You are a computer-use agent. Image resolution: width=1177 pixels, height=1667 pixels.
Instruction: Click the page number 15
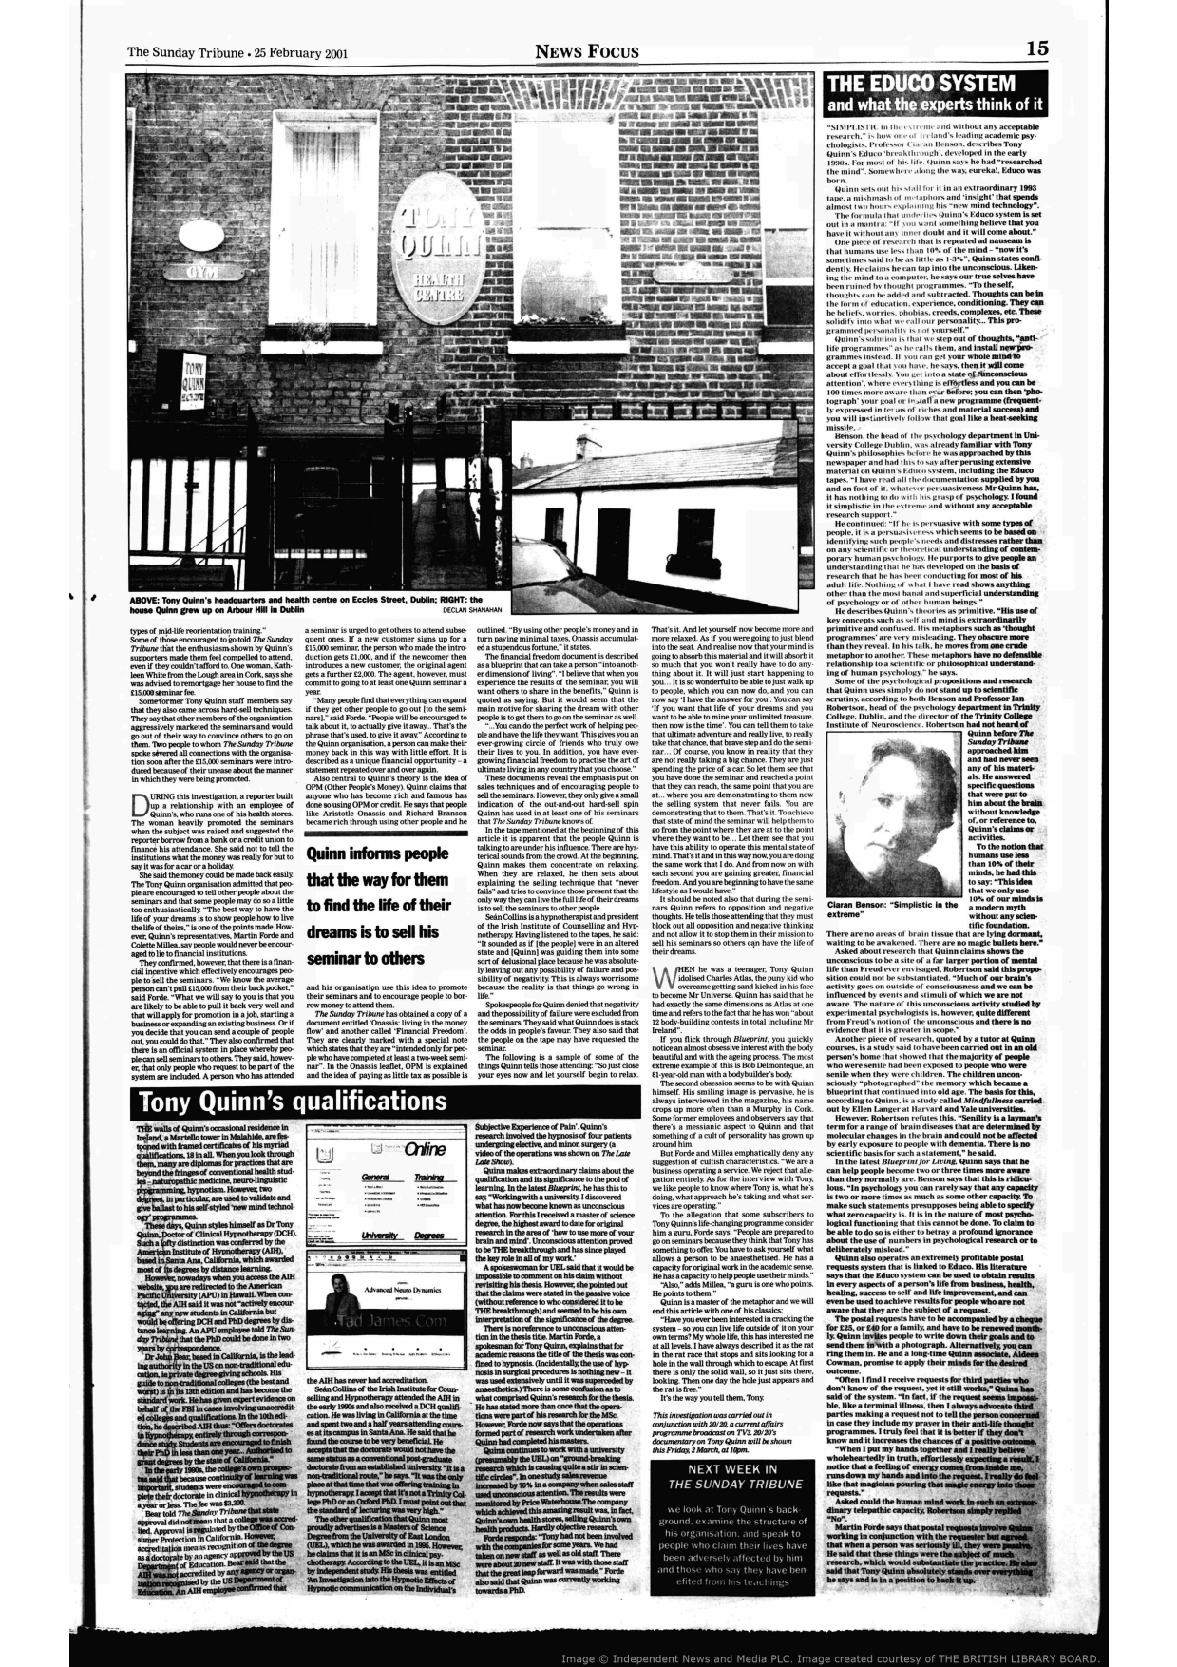click(1038, 48)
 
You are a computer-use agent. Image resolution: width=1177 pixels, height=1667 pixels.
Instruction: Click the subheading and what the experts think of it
click(935, 105)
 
